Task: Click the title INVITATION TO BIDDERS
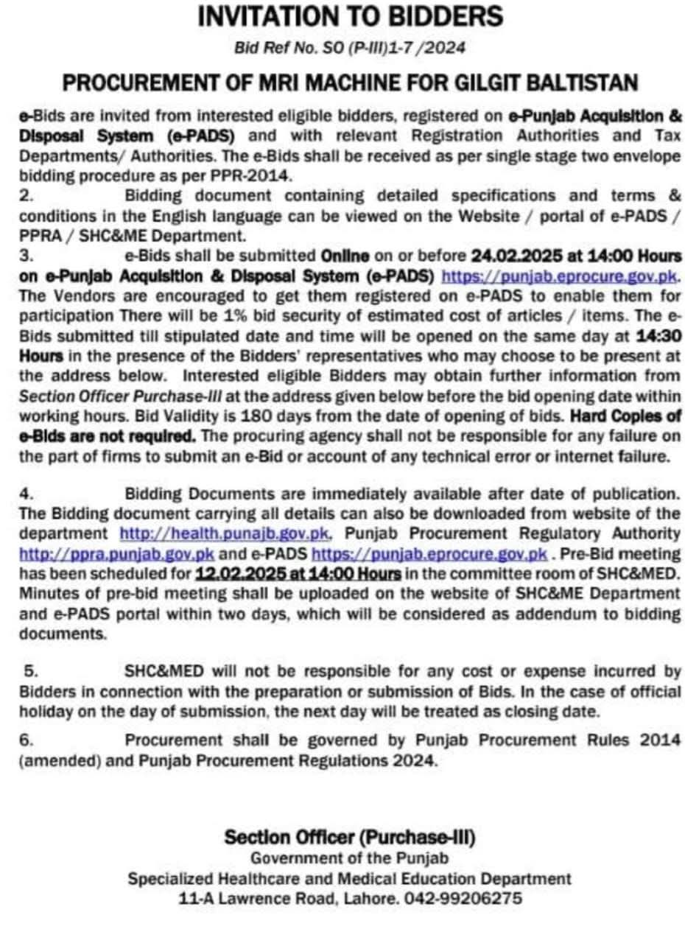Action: pyautogui.click(x=350, y=16)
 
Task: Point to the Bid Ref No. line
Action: pyautogui.click(x=350, y=48)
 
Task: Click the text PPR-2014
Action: pyautogui.click(x=261, y=177)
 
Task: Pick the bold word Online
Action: pyautogui.click(x=345, y=256)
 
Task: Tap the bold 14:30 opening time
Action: pyautogui.click(x=660, y=335)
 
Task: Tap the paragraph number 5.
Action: pyautogui.click(x=31, y=671)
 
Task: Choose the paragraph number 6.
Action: pyautogui.click(x=27, y=740)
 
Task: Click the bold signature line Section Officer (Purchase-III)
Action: pyautogui.click(x=350, y=837)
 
